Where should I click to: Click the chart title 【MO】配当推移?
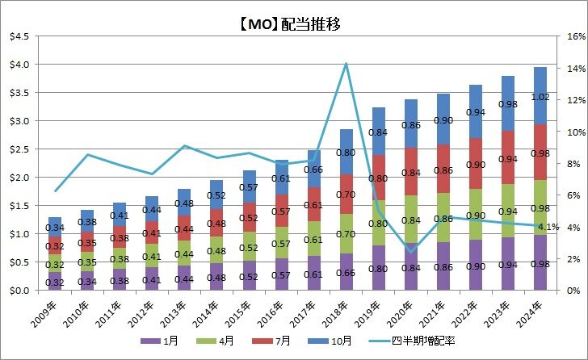[x=293, y=23]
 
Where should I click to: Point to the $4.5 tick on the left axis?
[x=19, y=36]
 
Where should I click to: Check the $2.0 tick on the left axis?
[x=19, y=178]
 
